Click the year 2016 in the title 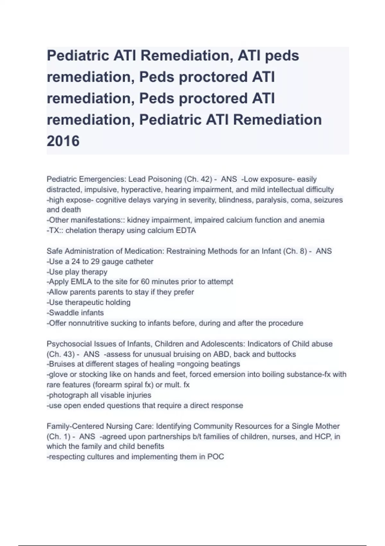63,141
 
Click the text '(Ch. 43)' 61,354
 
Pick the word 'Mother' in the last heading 327,426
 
